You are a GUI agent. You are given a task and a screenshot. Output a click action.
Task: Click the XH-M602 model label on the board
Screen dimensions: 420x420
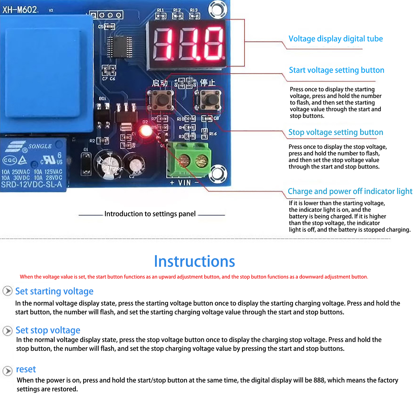pyautogui.click(x=20, y=10)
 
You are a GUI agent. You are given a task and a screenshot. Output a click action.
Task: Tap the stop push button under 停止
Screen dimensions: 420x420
pyautogui.click(x=208, y=100)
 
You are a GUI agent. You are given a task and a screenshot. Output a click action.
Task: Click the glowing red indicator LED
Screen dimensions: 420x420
pyautogui.click(x=145, y=131)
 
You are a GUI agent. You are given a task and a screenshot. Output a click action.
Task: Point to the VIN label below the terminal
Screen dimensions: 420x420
pyautogui.click(x=184, y=183)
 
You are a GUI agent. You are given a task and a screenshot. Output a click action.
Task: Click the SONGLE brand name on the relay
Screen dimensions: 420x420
pyautogui.click(x=40, y=146)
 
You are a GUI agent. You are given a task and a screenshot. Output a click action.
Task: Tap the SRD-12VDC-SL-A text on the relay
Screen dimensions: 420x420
pyautogui.click(x=31, y=185)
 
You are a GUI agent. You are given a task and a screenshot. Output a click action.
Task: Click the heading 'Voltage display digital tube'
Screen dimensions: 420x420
pyautogui.click(x=335, y=39)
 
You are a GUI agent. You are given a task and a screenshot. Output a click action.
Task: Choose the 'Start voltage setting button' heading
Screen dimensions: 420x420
pyautogui.click(x=337, y=70)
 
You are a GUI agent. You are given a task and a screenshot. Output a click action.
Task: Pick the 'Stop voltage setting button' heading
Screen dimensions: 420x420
pyautogui.click(x=336, y=132)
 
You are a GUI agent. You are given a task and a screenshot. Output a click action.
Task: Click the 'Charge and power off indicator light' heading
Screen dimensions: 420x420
pyautogui.click(x=350, y=191)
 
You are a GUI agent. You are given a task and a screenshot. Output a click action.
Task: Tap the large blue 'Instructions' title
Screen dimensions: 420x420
pyautogui.click(x=194, y=261)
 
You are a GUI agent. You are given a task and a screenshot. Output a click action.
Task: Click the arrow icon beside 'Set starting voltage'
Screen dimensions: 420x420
pyautogui.click(x=8, y=291)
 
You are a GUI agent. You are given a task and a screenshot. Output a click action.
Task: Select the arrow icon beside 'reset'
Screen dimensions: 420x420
pyautogui.click(x=8, y=371)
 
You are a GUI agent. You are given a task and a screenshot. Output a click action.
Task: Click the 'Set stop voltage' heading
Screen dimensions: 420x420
pyautogui.click(x=48, y=330)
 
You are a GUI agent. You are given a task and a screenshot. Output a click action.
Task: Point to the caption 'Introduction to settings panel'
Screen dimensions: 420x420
pyautogui.click(x=150, y=214)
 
